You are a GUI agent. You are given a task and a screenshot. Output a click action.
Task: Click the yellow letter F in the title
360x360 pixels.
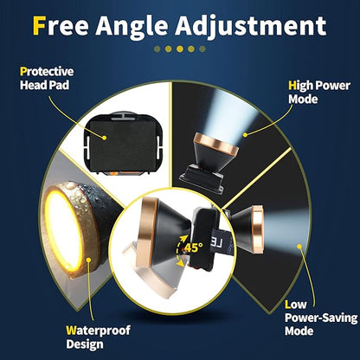point(39,25)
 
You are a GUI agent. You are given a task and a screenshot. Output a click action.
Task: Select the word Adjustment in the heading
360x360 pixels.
point(251,27)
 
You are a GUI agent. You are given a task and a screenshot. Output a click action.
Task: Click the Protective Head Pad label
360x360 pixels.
point(47,79)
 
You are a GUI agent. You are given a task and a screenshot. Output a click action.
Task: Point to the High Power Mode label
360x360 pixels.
point(319,93)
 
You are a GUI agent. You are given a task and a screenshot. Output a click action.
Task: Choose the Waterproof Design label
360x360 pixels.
point(98,337)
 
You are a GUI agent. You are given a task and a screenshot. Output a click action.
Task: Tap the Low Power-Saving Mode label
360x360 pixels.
point(321,318)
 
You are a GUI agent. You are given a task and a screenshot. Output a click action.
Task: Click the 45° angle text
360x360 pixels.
point(193,247)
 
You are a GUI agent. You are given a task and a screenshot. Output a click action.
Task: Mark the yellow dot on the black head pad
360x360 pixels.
point(105,138)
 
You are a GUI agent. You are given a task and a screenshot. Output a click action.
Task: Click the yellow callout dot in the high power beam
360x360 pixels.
point(245,134)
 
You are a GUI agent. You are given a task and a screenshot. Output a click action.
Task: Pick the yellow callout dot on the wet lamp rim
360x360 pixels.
point(89,260)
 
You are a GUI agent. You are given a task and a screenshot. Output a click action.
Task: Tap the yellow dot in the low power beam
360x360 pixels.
point(299,247)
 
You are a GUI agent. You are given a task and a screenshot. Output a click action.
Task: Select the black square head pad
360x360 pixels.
point(122,145)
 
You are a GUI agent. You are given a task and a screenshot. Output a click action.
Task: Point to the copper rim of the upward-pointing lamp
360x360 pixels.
point(216,144)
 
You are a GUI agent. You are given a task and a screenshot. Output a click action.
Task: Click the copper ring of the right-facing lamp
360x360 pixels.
point(257,229)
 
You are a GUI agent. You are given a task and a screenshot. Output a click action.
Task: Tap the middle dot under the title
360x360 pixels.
point(180,49)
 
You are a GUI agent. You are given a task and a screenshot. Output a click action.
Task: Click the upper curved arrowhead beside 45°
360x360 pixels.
point(183,238)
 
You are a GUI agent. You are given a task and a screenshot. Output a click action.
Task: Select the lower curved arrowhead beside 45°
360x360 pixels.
point(181,262)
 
